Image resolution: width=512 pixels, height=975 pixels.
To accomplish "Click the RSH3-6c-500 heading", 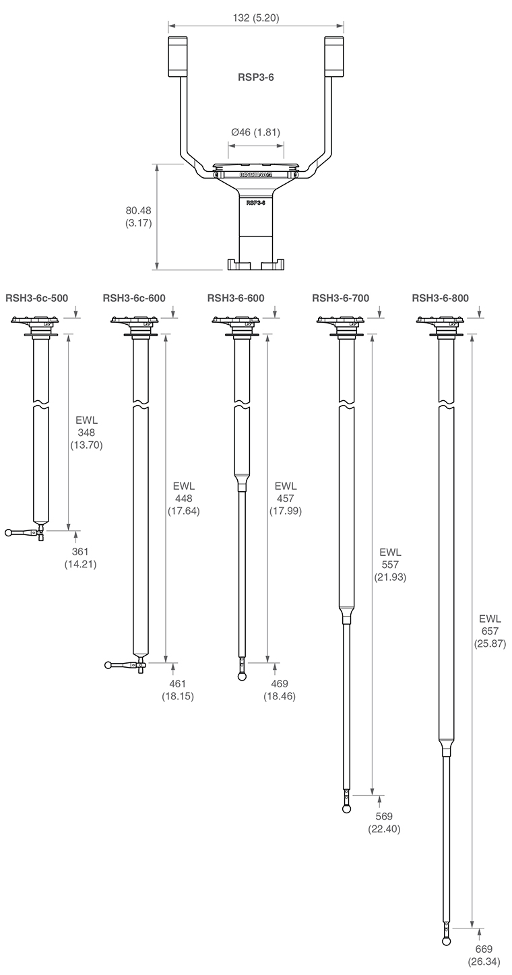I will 37,298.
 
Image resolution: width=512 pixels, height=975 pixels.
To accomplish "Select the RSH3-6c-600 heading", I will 134,298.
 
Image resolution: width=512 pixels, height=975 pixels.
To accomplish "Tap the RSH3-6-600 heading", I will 236,298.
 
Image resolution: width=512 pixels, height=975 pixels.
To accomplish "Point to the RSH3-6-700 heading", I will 341,298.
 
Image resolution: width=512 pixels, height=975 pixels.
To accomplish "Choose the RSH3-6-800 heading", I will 441,298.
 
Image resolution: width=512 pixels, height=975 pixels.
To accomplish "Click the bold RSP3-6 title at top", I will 255,77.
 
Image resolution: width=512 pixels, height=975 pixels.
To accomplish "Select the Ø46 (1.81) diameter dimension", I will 255,132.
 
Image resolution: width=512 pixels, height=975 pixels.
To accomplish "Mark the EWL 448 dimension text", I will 183,499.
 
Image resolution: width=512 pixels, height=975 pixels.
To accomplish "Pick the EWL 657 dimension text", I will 490,631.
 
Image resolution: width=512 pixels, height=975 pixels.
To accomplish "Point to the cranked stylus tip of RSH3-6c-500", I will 9,533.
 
